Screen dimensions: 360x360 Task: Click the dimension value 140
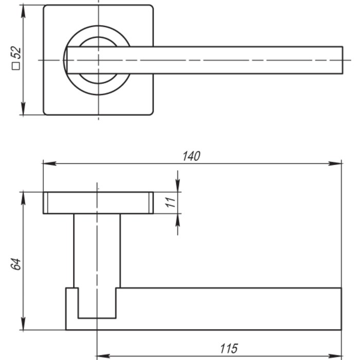click(x=191, y=156)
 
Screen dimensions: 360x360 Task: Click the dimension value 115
click(x=228, y=349)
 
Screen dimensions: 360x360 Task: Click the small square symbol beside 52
click(x=16, y=66)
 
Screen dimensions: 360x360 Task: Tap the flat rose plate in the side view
click(x=98, y=203)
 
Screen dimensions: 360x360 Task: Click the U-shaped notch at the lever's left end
click(x=97, y=303)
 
